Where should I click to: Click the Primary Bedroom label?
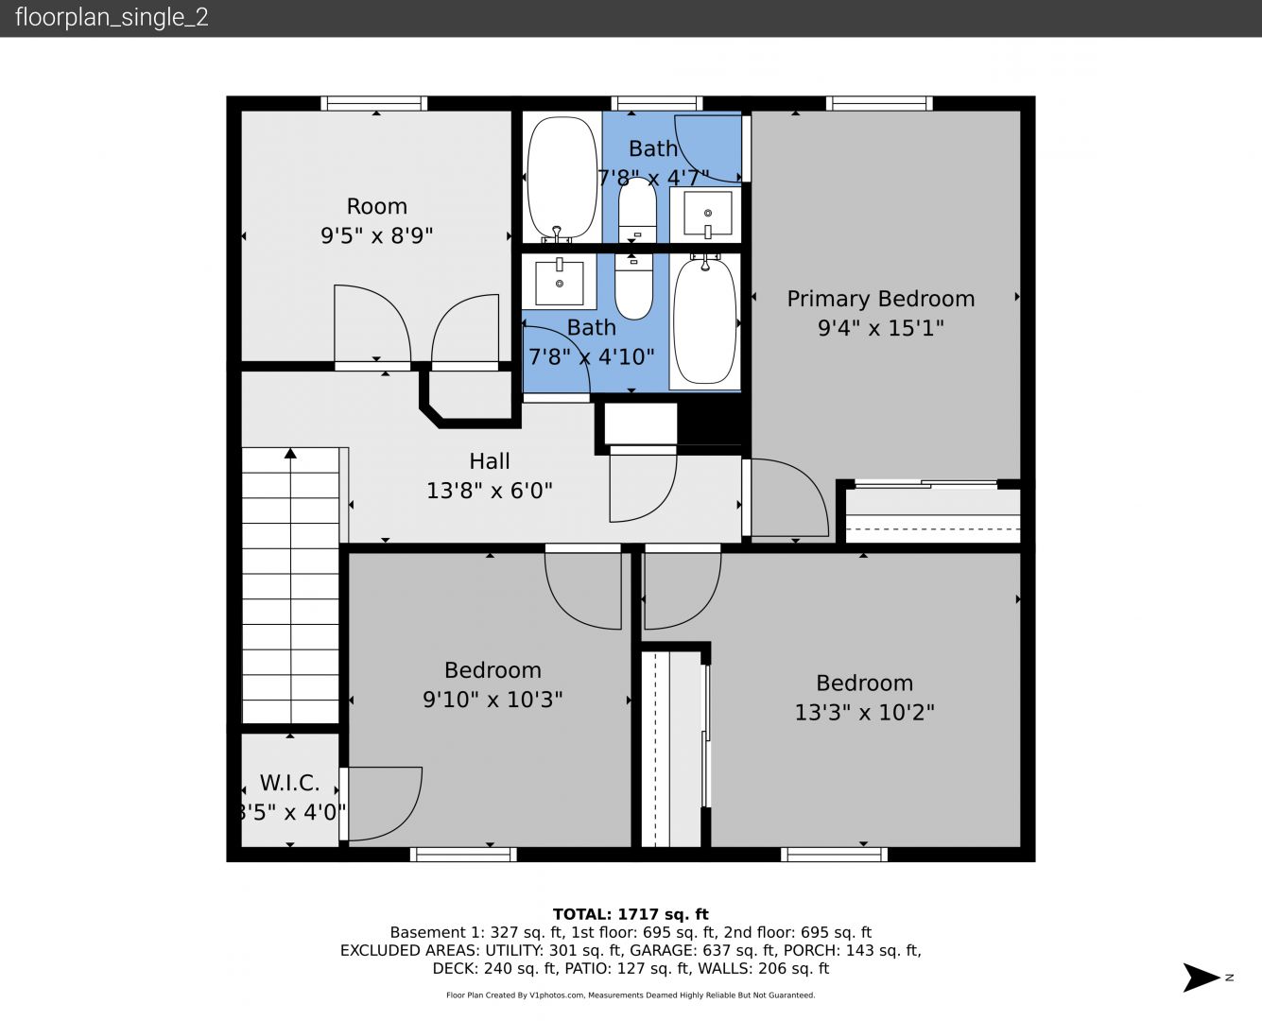click(880, 300)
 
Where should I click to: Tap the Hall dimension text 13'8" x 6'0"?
click(490, 491)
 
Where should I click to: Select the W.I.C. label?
click(289, 784)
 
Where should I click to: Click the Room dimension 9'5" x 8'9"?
click(377, 235)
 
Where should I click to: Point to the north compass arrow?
click(1201, 978)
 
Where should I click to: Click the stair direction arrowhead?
click(290, 454)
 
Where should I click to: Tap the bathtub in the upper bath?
click(562, 179)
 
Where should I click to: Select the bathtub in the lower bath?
click(705, 320)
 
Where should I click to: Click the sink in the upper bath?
click(707, 214)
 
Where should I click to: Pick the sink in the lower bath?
click(559, 283)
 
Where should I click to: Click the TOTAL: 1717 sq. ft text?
click(631, 914)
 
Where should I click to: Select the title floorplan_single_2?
click(112, 18)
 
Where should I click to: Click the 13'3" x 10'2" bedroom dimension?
click(864, 712)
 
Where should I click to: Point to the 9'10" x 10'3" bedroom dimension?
click(493, 700)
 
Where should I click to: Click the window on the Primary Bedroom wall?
click(879, 103)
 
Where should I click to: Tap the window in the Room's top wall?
click(373, 103)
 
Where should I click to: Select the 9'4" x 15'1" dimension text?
click(880, 328)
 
